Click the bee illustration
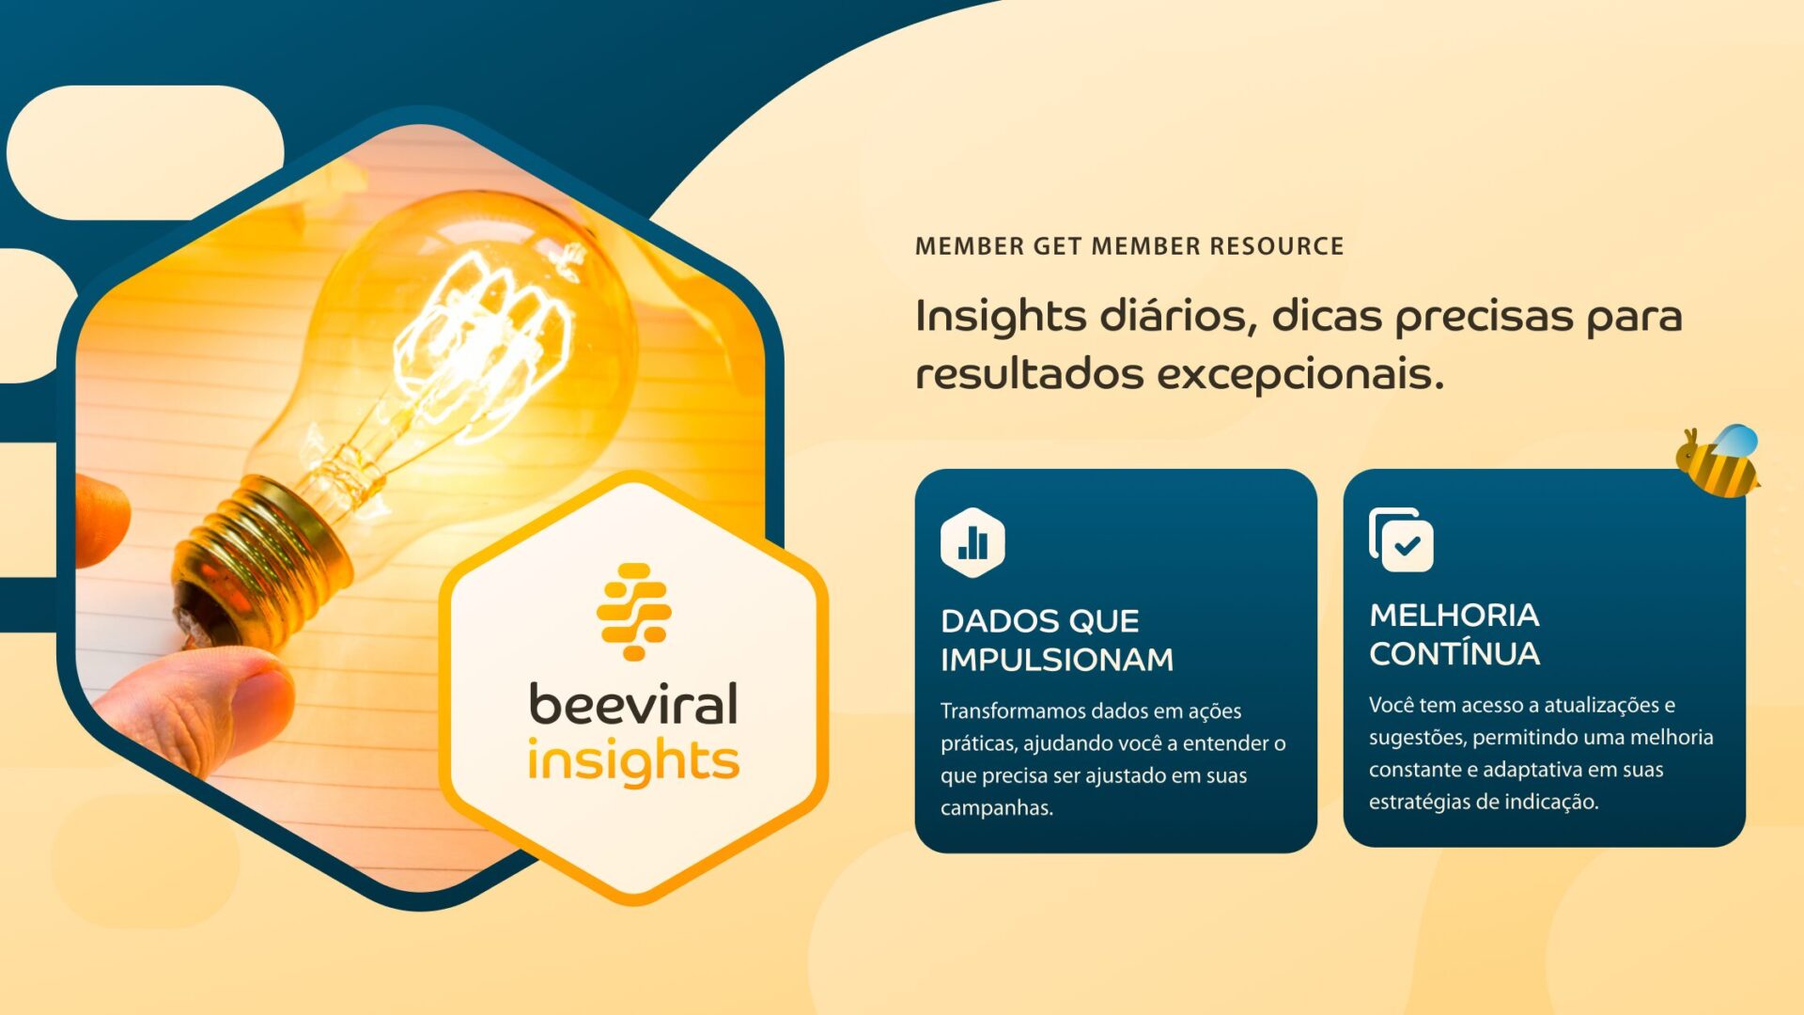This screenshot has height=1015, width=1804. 1718,461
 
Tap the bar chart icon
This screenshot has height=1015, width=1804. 972,542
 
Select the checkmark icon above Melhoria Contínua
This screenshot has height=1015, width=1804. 1402,540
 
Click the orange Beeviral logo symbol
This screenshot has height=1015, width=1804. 634,612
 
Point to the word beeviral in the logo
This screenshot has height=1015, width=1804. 633,704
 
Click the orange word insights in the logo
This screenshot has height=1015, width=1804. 633,760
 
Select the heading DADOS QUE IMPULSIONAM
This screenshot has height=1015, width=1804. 1057,640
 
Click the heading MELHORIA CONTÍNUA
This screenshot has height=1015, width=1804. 1454,634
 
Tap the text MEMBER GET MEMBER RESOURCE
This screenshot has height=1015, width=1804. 1129,246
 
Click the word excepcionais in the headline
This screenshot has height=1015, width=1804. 1300,374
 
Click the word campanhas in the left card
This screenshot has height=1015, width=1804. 997,807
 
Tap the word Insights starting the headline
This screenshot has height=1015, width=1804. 1001,318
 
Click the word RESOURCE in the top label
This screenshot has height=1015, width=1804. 1277,246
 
